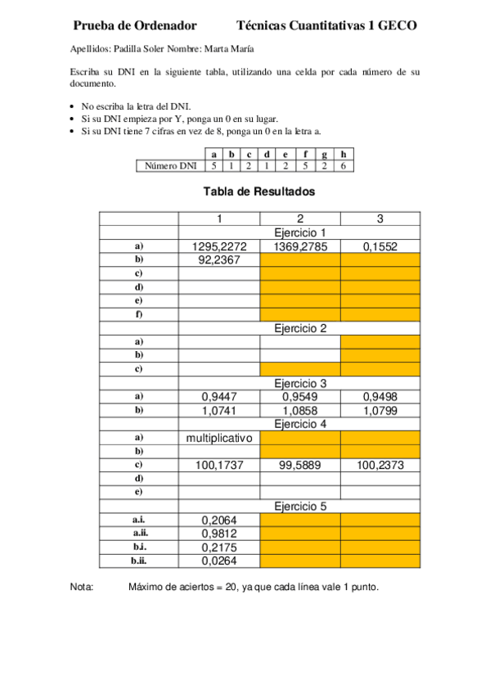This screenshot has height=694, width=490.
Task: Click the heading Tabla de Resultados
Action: (x=258, y=192)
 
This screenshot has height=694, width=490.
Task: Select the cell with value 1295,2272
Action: (x=219, y=246)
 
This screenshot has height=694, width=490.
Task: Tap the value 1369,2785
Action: (x=300, y=246)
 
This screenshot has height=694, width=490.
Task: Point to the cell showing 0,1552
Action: (x=380, y=246)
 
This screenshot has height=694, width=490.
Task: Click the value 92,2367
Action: (x=219, y=260)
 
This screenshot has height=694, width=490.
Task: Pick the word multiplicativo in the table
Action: (x=219, y=438)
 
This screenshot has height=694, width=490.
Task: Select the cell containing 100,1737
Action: (x=219, y=465)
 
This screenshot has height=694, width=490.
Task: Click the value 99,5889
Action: (x=300, y=465)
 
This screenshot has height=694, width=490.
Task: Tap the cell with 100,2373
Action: (x=380, y=465)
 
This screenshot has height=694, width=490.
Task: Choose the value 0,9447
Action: (x=219, y=397)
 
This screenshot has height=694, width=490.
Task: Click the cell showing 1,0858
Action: (x=300, y=410)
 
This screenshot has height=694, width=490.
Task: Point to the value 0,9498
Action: (x=380, y=397)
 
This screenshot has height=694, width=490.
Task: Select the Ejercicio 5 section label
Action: (x=300, y=506)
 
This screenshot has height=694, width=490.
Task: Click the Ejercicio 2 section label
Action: (x=300, y=328)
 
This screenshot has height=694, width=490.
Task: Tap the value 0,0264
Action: (x=219, y=561)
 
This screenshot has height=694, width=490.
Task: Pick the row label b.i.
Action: (x=139, y=547)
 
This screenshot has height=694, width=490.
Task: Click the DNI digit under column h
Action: (x=344, y=166)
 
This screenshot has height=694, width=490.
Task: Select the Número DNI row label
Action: (x=170, y=166)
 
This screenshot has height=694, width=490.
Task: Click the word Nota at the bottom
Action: (x=82, y=587)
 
